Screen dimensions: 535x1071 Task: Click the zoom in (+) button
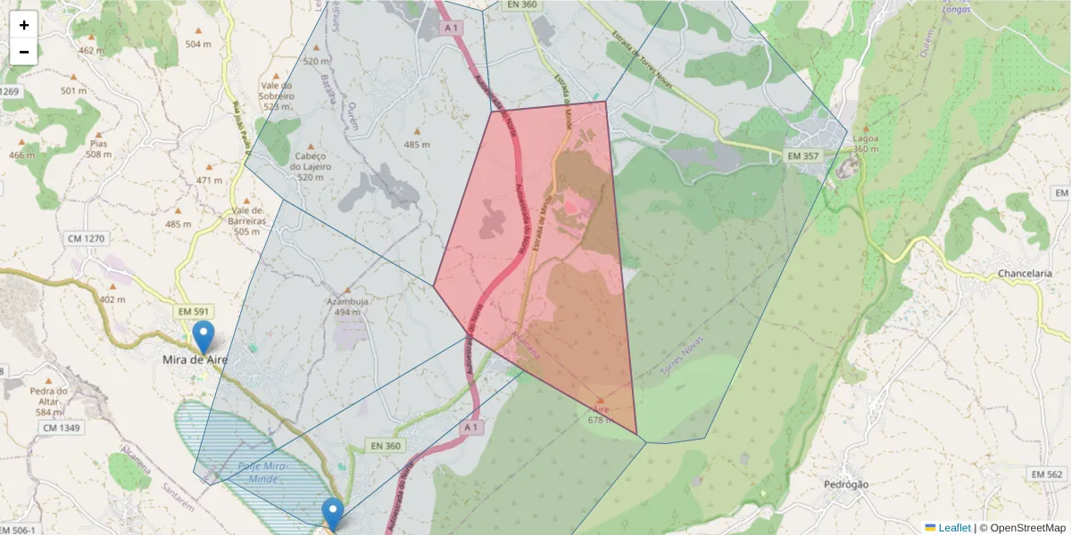point(24,25)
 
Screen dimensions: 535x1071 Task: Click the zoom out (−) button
point(24,52)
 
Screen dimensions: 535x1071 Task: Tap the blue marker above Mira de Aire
point(204,338)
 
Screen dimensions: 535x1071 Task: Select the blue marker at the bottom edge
point(333,514)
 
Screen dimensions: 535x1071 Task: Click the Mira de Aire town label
point(195,359)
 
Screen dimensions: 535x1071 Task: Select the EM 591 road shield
point(193,311)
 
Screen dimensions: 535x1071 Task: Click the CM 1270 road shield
point(86,238)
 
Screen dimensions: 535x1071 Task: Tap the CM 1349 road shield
point(61,429)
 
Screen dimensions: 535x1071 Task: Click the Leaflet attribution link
point(954,527)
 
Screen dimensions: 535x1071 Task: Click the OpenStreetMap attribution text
point(1023,527)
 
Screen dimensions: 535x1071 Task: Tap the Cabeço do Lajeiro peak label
point(311,166)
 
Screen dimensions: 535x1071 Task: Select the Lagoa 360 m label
point(865,144)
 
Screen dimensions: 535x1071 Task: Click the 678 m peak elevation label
point(600,419)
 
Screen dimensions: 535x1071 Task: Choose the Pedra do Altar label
point(49,396)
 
